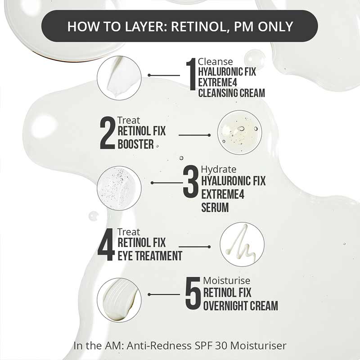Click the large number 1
[x=191, y=78]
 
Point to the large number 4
[x=106, y=245]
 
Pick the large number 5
[x=193, y=295]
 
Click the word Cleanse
[x=216, y=62]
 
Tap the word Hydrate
[x=218, y=169]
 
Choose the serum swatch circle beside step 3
[x=119, y=188]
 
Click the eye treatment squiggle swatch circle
[x=242, y=244]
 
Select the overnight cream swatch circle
[x=119, y=300]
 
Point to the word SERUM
[x=215, y=207]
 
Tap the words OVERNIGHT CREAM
[x=240, y=306]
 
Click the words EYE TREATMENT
[x=149, y=256]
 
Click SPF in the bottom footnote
[x=198, y=346]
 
